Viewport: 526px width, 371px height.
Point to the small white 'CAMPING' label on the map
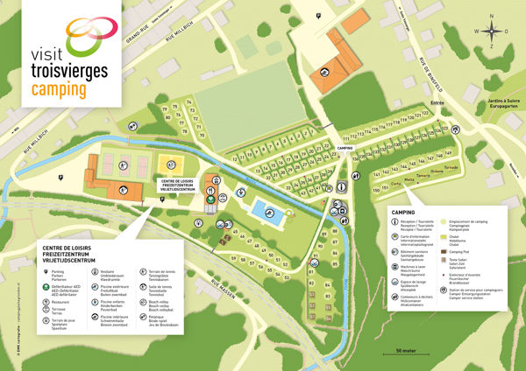click(x=344, y=149)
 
